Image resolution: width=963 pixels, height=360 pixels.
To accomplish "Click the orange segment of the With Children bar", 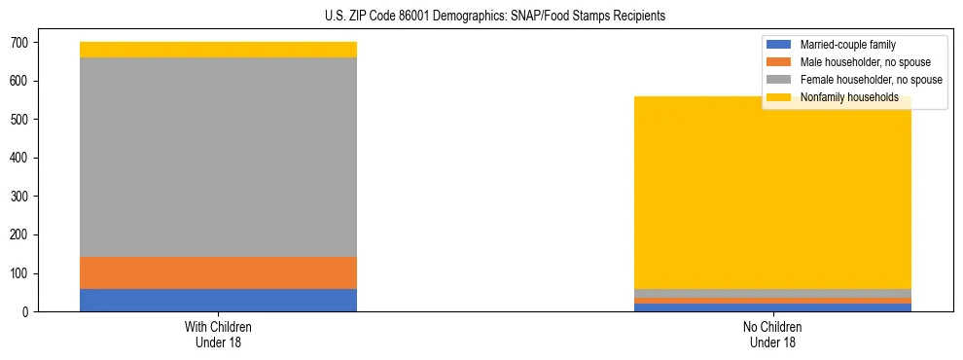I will pyautogui.click(x=218, y=272).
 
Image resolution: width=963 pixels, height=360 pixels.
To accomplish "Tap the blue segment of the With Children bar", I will pyautogui.click(x=218, y=300).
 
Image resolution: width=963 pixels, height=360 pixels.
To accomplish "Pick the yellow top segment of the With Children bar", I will pyautogui.click(x=218, y=50).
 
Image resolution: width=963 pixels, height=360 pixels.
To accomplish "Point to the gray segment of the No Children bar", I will pyautogui.click(x=772, y=293).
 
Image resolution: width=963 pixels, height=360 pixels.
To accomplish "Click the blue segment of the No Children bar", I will pyautogui.click(x=772, y=307).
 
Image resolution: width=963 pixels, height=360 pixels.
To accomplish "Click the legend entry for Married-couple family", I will pyautogui.click(x=847, y=45).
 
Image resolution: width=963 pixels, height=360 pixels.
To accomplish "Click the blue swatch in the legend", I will pyautogui.click(x=779, y=45).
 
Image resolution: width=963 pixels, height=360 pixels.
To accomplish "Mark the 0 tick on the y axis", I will pyautogui.click(x=26, y=311).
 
